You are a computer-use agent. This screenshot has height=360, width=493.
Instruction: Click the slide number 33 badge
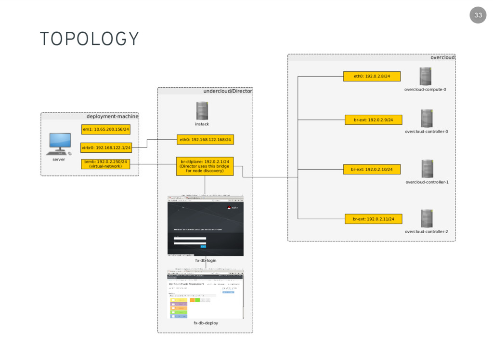(x=478, y=15)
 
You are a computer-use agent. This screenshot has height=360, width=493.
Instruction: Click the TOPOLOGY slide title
(x=90, y=39)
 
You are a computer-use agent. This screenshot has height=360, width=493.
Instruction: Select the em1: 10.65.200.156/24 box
(x=106, y=129)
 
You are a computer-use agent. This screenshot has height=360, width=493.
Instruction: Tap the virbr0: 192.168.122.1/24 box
(x=106, y=147)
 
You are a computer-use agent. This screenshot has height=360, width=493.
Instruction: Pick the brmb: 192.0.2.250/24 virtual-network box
(x=106, y=164)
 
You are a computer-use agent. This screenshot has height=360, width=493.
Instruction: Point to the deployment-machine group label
(x=112, y=116)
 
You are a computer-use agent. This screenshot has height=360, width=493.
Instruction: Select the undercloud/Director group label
(x=227, y=91)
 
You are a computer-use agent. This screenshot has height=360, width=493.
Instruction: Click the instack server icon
(x=202, y=111)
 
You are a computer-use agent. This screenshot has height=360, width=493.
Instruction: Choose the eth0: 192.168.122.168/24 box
(x=205, y=140)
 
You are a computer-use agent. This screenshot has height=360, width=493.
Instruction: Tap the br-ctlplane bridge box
(x=205, y=166)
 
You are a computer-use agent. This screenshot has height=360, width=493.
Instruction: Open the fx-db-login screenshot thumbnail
(x=206, y=226)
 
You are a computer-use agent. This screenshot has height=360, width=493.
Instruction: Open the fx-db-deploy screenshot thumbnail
(x=206, y=294)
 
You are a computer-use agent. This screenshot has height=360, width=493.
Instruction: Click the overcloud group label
(x=442, y=57)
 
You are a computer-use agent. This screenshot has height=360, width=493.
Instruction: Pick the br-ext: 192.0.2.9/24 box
(x=373, y=120)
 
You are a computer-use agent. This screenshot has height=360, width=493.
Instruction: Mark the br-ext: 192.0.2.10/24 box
(x=372, y=169)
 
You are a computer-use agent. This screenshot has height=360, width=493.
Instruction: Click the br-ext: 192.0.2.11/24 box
(x=373, y=219)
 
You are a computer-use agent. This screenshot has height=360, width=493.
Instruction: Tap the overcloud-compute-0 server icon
(x=425, y=76)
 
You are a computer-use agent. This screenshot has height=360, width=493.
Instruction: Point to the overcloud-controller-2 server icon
(x=427, y=219)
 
